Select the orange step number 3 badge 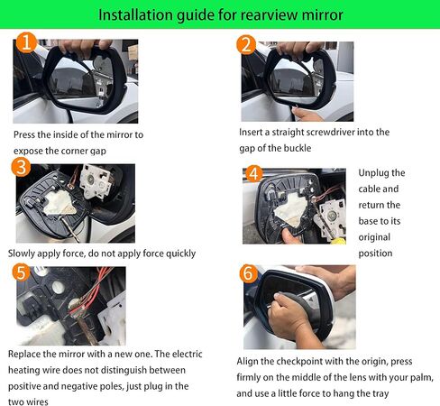tap(22, 167)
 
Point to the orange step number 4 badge tap(254, 173)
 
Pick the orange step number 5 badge tap(21, 272)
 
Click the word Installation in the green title tap(136, 15)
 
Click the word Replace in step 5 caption tap(28, 355)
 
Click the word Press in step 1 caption tap(26, 134)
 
